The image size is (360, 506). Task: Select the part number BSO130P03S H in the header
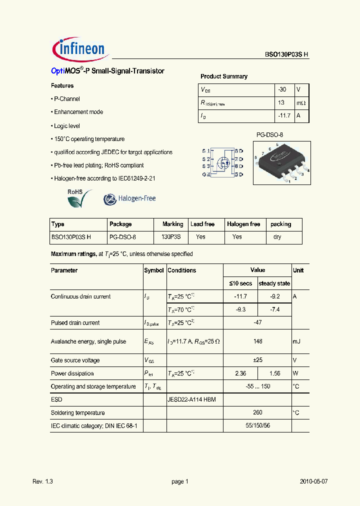(x=286, y=55)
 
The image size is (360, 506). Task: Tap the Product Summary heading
(x=224, y=76)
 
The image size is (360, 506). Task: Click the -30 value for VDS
(x=282, y=89)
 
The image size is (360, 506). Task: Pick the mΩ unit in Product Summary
(x=301, y=102)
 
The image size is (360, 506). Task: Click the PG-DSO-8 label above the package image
(x=270, y=135)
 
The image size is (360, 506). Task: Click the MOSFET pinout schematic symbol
(x=222, y=162)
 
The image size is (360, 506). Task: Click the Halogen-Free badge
(x=129, y=199)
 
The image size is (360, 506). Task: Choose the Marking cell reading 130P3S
(x=171, y=237)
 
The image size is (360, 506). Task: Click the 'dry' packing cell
(x=277, y=237)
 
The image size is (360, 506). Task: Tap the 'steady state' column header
(x=274, y=283)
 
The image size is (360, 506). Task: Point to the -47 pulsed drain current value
(x=257, y=323)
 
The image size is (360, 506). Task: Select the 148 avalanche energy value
(x=257, y=342)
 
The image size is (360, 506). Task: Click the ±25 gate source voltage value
(x=257, y=360)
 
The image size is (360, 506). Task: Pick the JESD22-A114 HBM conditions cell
(x=191, y=400)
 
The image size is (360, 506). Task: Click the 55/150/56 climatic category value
(x=257, y=425)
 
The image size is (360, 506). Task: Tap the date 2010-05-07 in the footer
(x=313, y=481)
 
